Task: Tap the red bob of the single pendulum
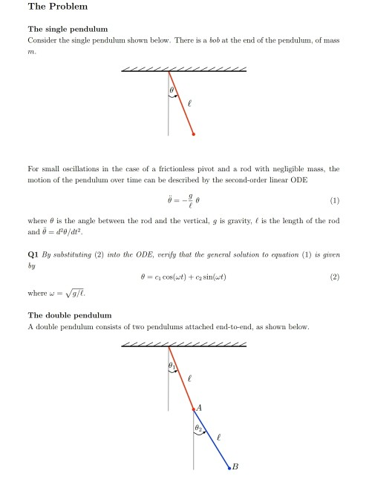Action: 194,134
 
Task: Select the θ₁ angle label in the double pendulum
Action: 172,365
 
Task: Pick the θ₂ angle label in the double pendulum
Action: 198,429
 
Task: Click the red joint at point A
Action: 193,409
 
